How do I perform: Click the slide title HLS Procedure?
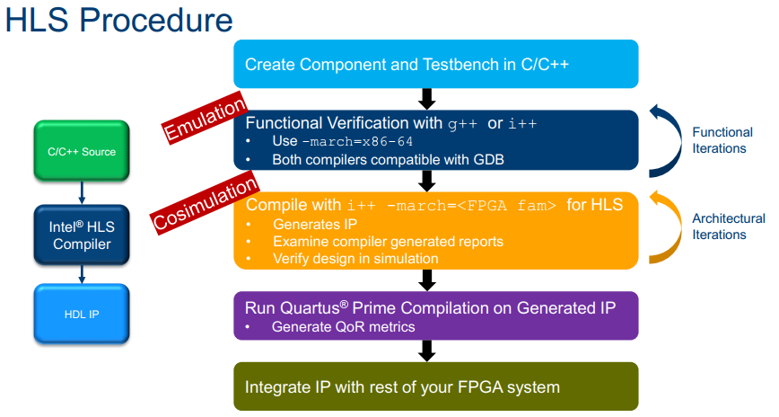click(118, 20)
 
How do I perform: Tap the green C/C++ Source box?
click(82, 151)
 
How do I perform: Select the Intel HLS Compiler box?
click(82, 235)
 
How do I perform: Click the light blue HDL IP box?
click(82, 314)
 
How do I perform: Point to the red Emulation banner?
click(205, 119)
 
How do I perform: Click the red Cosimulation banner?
click(205, 202)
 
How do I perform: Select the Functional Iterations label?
click(722, 140)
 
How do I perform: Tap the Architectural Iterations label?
click(729, 226)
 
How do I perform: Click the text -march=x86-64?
click(357, 142)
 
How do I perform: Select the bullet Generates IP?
click(315, 225)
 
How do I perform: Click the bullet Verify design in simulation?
click(355, 259)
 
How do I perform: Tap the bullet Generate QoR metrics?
click(344, 327)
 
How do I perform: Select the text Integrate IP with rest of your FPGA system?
click(402, 387)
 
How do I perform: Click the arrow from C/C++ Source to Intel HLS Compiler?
click(82, 192)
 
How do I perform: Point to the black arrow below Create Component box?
click(427, 99)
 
